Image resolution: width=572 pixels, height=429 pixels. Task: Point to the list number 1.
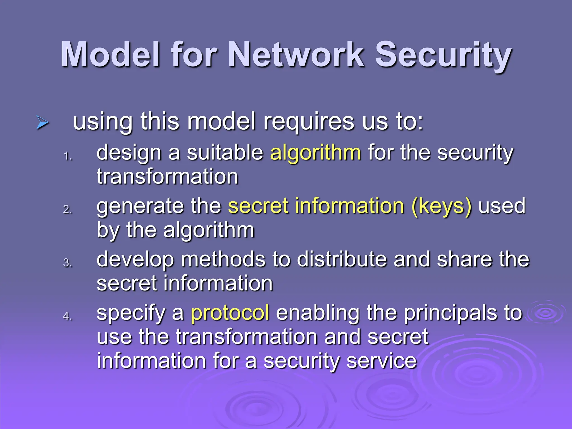[67, 156]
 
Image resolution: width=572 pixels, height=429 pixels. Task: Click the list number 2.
[67, 209]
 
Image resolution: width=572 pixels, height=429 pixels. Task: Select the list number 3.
[67, 263]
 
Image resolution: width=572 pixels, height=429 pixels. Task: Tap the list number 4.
[67, 316]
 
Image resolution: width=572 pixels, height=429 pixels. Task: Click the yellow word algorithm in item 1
[315, 153]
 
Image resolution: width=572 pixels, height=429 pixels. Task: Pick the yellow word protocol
[230, 313]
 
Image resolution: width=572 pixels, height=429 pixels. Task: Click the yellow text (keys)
[442, 206]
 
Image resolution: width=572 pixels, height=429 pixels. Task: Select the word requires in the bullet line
[309, 122]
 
